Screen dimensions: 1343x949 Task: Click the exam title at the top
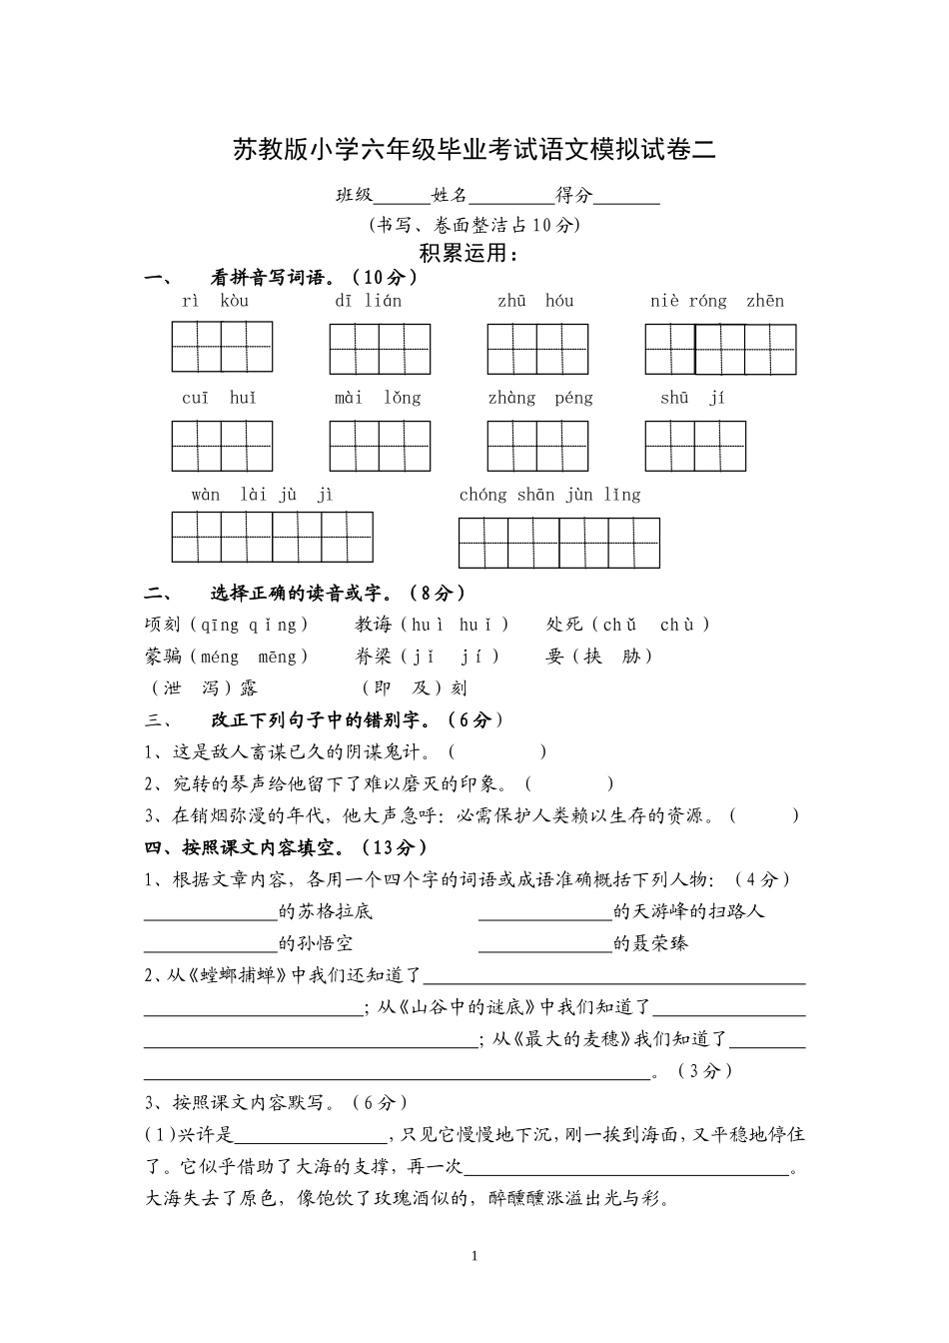coord(474,150)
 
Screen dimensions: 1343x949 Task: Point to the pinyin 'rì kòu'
coord(215,301)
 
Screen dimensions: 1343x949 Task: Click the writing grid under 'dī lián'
coord(380,349)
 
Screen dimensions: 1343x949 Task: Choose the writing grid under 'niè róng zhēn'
coord(720,349)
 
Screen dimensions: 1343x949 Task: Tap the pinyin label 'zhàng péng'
coord(540,398)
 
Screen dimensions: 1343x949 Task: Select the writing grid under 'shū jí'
coord(695,446)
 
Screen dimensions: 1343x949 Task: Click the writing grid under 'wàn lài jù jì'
coord(272,538)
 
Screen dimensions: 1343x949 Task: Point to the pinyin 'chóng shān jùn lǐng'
coord(549,495)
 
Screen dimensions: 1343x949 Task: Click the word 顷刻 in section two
coord(163,625)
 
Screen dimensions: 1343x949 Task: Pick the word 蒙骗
coord(163,657)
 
